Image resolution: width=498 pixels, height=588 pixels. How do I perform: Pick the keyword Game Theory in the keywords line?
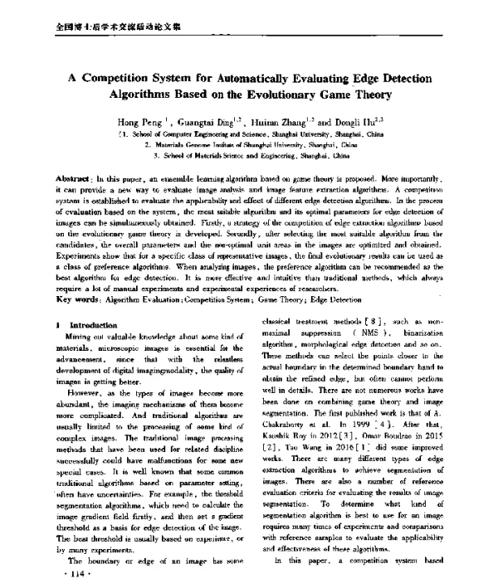(x=295, y=298)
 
